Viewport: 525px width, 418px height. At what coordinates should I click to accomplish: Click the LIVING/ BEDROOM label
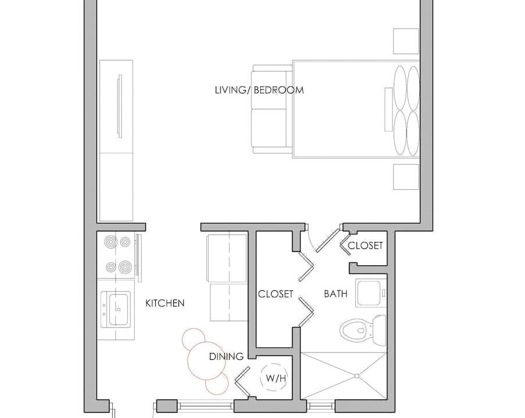coord(259,90)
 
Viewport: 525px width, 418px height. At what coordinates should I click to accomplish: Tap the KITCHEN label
coord(165,303)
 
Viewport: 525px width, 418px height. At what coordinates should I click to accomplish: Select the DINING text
coord(226,356)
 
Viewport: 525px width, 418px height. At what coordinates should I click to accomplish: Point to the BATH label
coord(335,294)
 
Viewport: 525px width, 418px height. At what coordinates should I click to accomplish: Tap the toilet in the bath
coord(363,330)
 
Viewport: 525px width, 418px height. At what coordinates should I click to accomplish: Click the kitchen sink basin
coord(119,309)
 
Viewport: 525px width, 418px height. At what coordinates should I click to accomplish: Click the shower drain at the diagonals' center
coord(357,376)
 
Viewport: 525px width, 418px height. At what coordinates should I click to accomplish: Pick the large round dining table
coord(206,361)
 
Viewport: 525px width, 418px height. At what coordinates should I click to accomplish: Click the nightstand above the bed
coord(406,41)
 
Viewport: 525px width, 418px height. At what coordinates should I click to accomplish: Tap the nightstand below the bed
coord(406,177)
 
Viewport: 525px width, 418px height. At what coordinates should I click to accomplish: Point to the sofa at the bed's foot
coord(272,109)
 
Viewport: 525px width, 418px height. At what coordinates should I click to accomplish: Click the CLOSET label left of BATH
coord(276,294)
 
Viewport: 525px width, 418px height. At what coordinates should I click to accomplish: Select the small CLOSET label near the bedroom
coord(365,246)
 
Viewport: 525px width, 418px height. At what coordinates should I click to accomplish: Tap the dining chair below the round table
coord(217,383)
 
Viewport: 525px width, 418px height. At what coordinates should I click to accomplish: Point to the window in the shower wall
coord(321,406)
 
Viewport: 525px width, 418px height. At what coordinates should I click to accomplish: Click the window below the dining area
coord(205,406)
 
